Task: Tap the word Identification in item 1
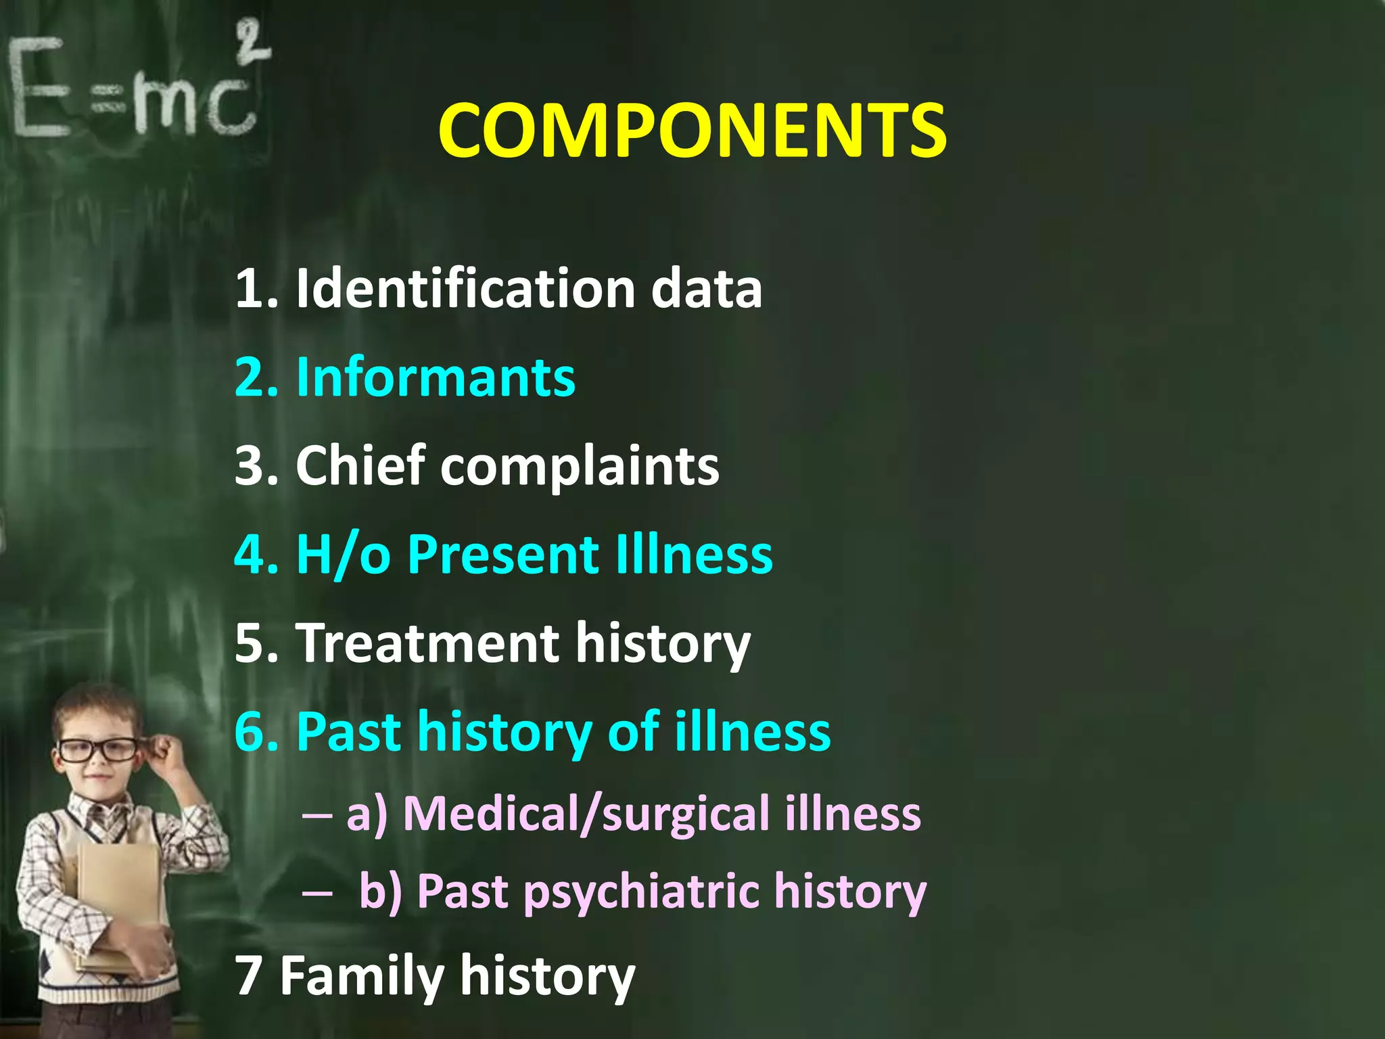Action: pyautogui.click(x=465, y=288)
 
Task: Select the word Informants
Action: pyautogui.click(x=436, y=377)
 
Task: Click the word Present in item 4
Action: pyautogui.click(x=502, y=555)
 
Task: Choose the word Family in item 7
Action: pyautogui.click(x=361, y=977)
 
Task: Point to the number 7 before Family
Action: pyautogui.click(x=248, y=975)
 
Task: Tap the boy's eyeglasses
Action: pyautogui.click(x=98, y=749)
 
